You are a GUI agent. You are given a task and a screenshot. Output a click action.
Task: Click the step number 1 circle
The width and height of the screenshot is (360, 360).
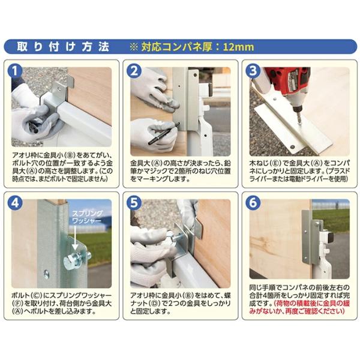(15, 70)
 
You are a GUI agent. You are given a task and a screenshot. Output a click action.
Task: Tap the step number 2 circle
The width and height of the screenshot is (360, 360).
(134, 70)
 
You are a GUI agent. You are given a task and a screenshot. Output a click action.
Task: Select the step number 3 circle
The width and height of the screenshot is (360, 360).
(253, 70)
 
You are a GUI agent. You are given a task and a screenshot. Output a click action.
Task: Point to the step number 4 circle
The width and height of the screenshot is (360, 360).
(15, 203)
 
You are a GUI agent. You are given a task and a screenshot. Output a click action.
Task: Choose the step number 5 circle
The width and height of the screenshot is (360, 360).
(134, 203)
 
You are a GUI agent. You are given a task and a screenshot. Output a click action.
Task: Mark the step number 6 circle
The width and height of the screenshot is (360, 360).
(253, 203)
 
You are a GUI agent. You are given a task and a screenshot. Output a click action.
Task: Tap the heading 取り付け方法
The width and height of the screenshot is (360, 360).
(62, 47)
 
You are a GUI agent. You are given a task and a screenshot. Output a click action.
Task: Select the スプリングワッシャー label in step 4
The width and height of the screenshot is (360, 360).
(86, 217)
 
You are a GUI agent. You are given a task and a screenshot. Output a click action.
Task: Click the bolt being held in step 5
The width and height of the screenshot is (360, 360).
(175, 237)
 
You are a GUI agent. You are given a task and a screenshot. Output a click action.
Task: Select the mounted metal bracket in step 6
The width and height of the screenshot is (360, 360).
(310, 237)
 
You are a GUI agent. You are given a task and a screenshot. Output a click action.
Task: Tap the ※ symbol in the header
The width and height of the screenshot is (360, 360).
(133, 47)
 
